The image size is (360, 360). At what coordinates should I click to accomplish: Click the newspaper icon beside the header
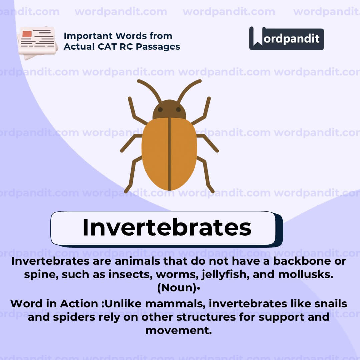pyautogui.click(x=37, y=42)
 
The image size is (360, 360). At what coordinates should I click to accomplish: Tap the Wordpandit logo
pyautogui.click(x=286, y=38)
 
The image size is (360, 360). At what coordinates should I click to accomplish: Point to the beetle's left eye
pyautogui.click(x=160, y=110)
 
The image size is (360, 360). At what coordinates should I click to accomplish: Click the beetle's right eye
pyautogui.click(x=178, y=110)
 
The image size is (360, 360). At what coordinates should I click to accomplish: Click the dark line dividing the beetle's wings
pyautogui.click(x=169, y=153)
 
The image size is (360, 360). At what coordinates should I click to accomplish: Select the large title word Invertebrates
pyautogui.click(x=166, y=227)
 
